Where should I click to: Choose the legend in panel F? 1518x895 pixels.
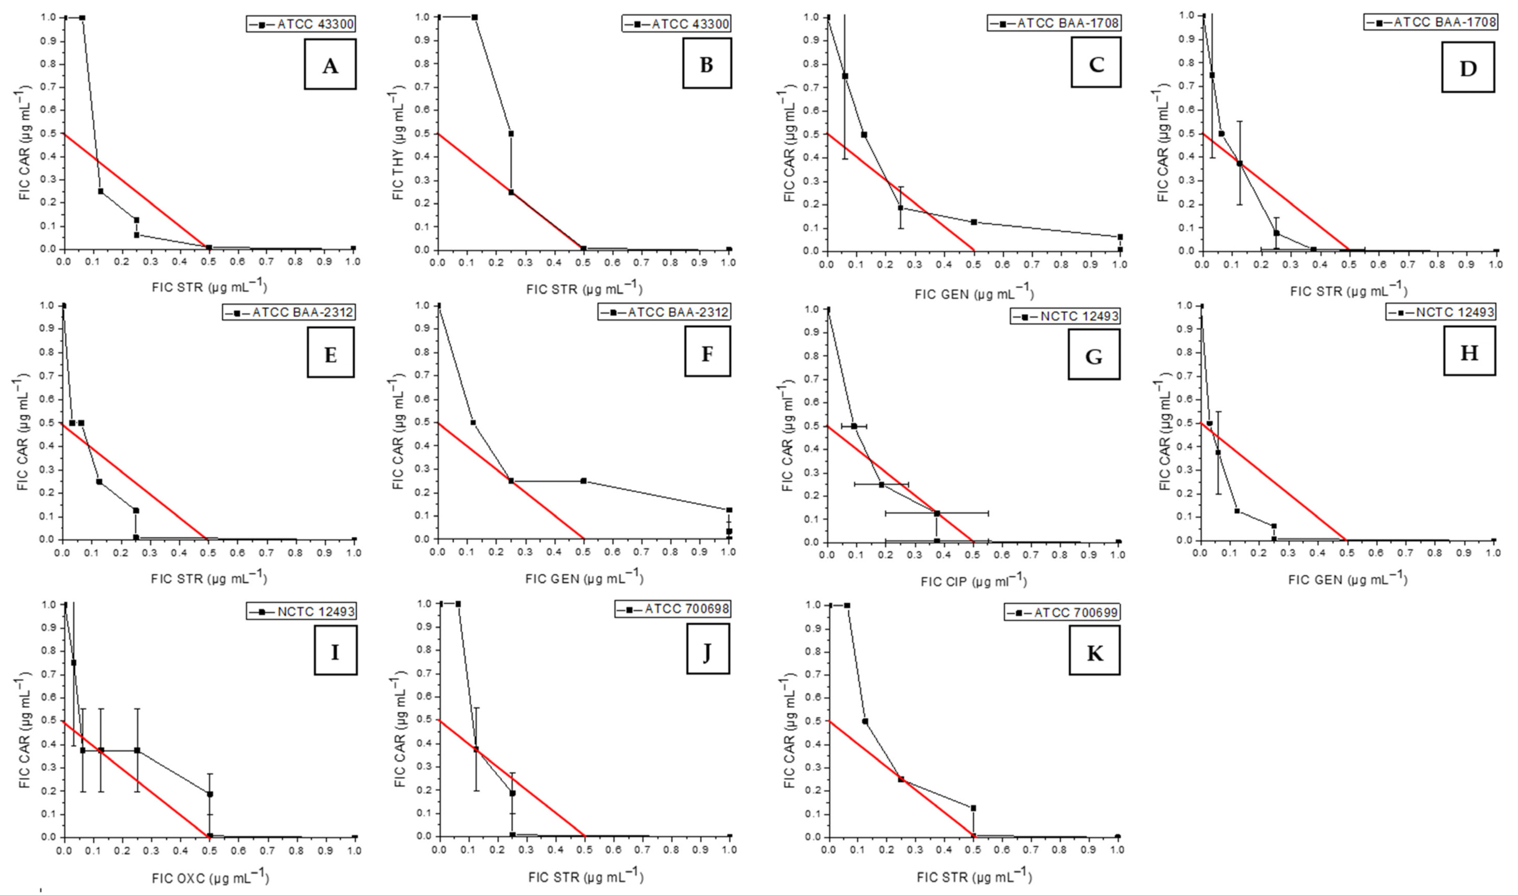click(x=664, y=312)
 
